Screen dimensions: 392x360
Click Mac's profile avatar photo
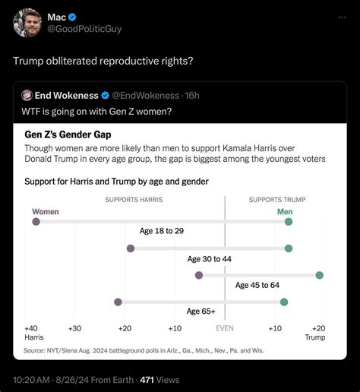[x=28, y=22]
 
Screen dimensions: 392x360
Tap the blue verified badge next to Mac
[x=74, y=17]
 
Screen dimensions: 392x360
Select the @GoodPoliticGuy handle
[x=84, y=29]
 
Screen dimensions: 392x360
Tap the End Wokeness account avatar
[x=27, y=95]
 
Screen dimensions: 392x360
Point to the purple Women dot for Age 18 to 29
[x=36, y=221]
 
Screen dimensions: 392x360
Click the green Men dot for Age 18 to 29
[x=289, y=221]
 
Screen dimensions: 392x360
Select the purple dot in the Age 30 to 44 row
[x=131, y=248]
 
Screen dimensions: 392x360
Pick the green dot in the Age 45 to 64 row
[x=319, y=275]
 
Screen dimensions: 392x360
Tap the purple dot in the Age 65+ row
[x=118, y=302]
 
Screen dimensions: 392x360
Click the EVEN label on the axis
[x=225, y=328]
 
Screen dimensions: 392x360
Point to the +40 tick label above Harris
[x=32, y=328]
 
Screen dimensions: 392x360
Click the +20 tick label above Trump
[x=317, y=328]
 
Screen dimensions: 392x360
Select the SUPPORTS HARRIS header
[x=134, y=200]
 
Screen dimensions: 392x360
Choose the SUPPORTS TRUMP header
[x=277, y=200]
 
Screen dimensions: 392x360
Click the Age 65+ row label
[x=201, y=311]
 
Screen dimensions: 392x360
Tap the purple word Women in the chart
[x=46, y=211]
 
